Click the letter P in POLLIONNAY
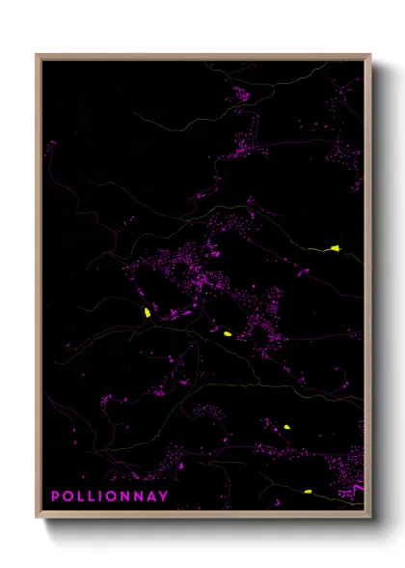[56, 497]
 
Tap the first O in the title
[68, 497]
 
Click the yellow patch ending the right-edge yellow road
[336, 248]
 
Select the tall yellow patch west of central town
[147, 312]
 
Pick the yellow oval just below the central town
[227, 333]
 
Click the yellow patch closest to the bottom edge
[308, 492]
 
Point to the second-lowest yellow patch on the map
[287, 426]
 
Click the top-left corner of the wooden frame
[37, 55]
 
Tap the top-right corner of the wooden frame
[370, 55]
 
